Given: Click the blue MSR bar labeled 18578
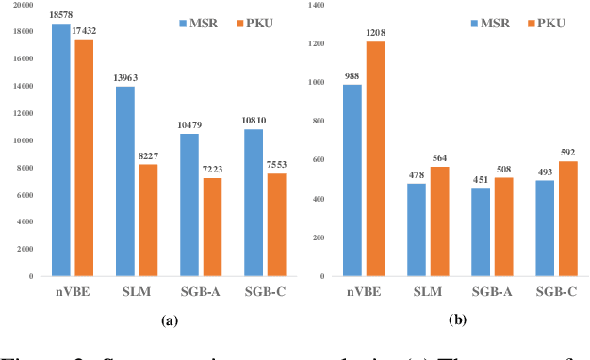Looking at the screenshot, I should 60,151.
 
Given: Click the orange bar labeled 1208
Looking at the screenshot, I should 376,159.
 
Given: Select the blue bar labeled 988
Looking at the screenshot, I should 352,181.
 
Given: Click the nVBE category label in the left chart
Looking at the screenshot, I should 72,293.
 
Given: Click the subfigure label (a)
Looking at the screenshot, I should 171,321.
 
